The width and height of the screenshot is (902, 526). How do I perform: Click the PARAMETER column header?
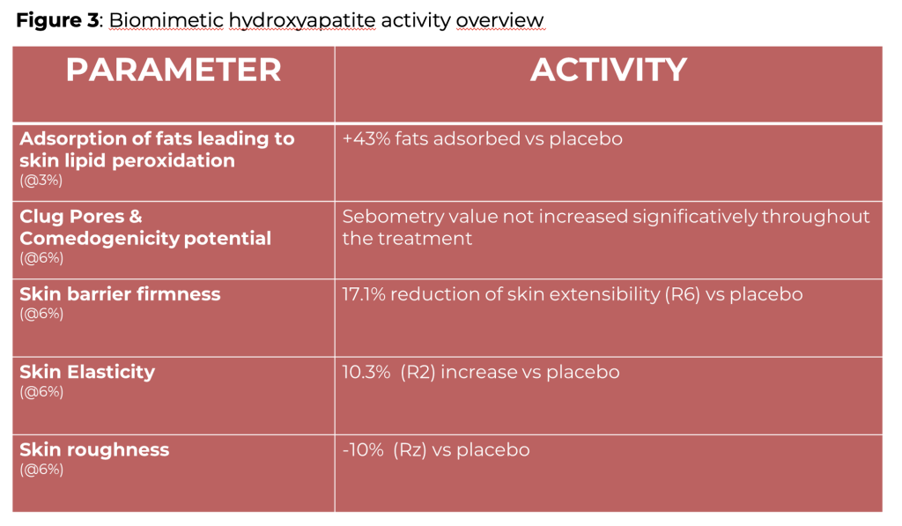pyautogui.click(x=174, y=70)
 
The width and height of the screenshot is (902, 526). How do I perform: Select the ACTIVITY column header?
pyautogui.click(x=609, y=70)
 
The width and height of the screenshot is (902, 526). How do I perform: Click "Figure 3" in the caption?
pyautogui.click(x=57, y=21)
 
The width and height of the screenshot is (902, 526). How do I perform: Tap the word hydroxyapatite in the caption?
pyautogui.click(x=302, y=21)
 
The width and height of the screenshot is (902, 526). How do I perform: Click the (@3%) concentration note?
pyautogui.click(x=41, y=181)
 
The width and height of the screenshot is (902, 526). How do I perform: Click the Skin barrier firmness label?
pyautogui.click(x=120, y=294)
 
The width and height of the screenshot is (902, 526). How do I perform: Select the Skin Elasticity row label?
pyautogui.click(x=87, y=373)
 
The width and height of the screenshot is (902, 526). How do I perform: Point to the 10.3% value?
pyautogui.click(x=366, y=373)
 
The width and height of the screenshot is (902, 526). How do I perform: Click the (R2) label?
pyautogui.click(x=418, y=373)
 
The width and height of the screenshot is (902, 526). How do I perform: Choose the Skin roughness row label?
pyautogui.click(x=94, y=450)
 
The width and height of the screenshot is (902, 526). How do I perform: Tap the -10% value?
pyautogui.click(x=363, y=450)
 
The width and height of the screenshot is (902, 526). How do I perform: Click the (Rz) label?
pyautogui.click(x=410, y=450)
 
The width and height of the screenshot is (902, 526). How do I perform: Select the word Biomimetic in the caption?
pyautogui.click(x=166, y=21)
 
